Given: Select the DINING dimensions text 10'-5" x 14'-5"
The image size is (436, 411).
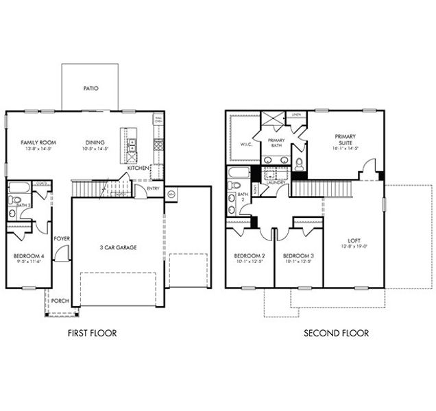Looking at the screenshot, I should pos(95,149).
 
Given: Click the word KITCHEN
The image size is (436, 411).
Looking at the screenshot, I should pos(138,168).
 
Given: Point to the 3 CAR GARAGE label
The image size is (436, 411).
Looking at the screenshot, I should pos(117,247).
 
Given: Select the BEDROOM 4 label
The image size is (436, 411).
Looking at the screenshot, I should pos(28,256).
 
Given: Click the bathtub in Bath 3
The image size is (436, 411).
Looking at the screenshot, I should pos(18,187).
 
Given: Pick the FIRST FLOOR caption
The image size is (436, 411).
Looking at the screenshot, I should pos(92,334).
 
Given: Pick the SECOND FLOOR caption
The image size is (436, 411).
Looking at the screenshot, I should pos(336,334).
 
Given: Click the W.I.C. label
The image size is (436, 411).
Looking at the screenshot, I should pos(247,144).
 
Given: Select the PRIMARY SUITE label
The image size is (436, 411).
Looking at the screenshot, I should pos(346,140).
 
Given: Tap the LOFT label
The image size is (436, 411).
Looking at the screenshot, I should pos(354,240).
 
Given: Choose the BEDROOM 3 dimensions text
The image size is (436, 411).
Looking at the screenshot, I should pos(298,261).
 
